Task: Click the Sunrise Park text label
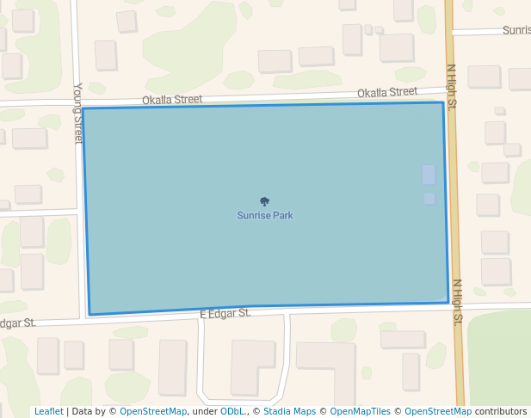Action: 265,216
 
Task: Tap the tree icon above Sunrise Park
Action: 265,201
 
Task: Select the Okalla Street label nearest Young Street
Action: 172,100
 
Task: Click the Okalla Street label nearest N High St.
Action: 386,92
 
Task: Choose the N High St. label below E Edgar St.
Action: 458,301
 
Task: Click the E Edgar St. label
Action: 225,314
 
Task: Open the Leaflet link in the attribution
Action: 48,411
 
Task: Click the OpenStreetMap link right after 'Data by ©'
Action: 153,411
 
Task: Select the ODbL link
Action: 232,411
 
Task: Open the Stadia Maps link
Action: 289,411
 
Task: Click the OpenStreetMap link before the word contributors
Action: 438,411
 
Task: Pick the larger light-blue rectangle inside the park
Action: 429,175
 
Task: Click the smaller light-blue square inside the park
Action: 429,199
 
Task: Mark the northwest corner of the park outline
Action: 83,109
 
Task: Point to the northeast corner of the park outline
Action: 443,102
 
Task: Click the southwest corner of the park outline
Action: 90,315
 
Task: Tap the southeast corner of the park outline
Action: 448,303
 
